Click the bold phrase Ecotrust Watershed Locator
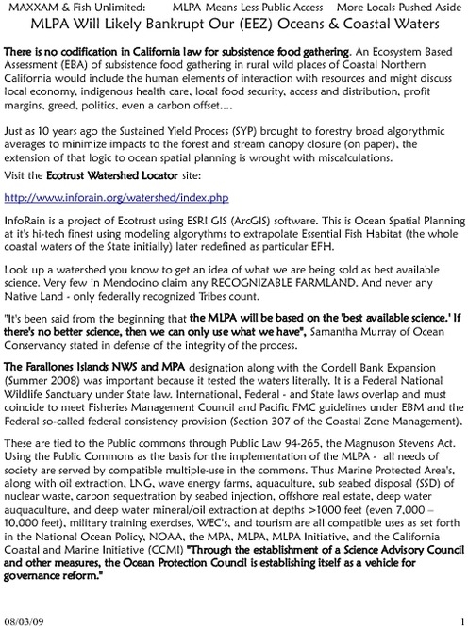click(x=92, y=176)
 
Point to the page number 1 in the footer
click(x=462, y=621)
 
